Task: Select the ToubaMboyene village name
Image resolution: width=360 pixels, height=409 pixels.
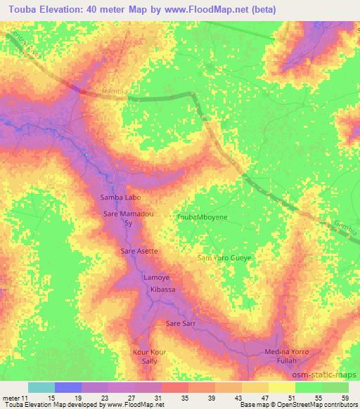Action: click(201, 218)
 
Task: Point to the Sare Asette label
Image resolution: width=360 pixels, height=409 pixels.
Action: click(139, 250)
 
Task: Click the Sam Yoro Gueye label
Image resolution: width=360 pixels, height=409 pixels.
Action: click(224, 258)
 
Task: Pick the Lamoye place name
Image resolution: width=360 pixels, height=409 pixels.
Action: click(156, 278)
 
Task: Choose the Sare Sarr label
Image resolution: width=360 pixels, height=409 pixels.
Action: click(180, 324)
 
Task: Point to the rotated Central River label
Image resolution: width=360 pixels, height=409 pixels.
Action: click(27, 44)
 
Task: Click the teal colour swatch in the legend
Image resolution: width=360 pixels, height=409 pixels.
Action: click(41, 387)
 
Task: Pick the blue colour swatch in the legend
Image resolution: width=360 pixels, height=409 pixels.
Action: click(67, 387)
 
